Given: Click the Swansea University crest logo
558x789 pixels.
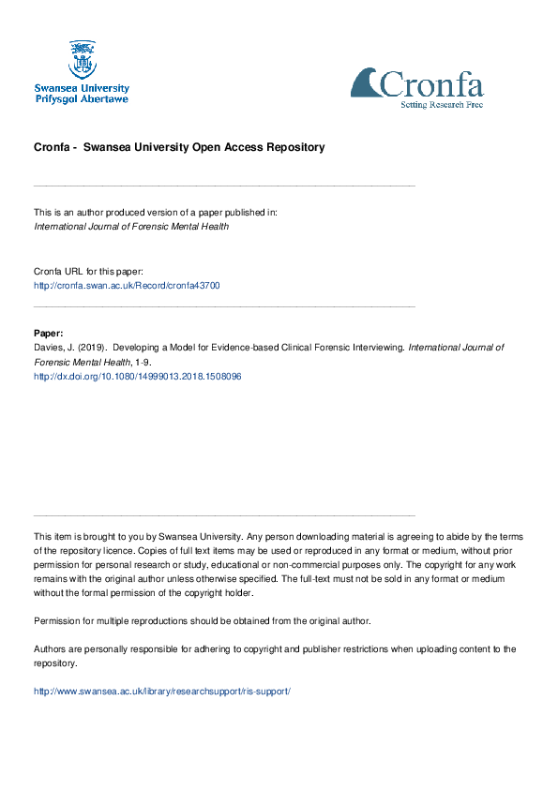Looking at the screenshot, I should click(x=82, y=59).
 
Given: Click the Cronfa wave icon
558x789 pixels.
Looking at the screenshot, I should click(x=367, y=83).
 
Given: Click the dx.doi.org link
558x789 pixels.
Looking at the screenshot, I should click(x=138, y=376).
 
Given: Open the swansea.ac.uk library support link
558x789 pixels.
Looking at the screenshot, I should click(x=162, y=691).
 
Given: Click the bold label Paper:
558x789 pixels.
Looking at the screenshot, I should click(x=49, y=333).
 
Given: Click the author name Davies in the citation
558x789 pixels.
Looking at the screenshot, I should click(x=48, y=347).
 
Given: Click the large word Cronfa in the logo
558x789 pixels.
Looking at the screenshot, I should click(x=431, y=85).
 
